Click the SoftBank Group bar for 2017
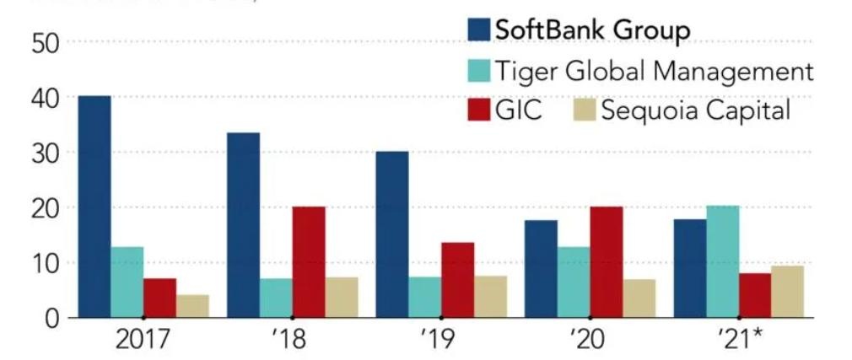coord(94,207)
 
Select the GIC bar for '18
coord(309,262)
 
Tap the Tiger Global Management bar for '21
coord(723,261)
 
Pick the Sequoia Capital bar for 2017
coord(193,306)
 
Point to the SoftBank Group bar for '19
coord(392,234)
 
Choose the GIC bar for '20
coord(607,262)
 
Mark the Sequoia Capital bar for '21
coord(788,292)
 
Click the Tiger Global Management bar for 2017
coord(127,282)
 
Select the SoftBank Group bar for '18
coord(244,225)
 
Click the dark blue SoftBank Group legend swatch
coord(479,30)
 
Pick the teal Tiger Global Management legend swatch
coord(479,70)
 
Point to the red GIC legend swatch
coord(479,110)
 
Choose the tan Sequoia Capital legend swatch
coord(584,110)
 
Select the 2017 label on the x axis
coord(143,341)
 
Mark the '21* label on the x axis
coord(741,341)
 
